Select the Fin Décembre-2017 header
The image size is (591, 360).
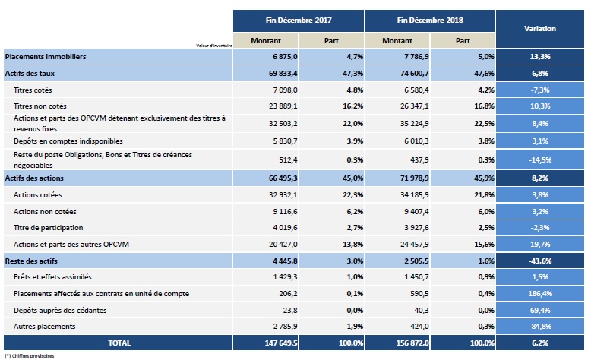pos(299,20)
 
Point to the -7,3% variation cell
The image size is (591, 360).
pos(540,90)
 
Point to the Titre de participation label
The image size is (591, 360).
pos(49,228)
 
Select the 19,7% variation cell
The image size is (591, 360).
pos(540,245)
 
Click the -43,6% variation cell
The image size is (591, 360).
pos(540,261)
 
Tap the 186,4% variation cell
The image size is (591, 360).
pos(540,293)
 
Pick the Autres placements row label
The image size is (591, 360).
pos(45,327)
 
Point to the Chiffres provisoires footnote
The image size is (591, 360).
pos(30,355)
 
